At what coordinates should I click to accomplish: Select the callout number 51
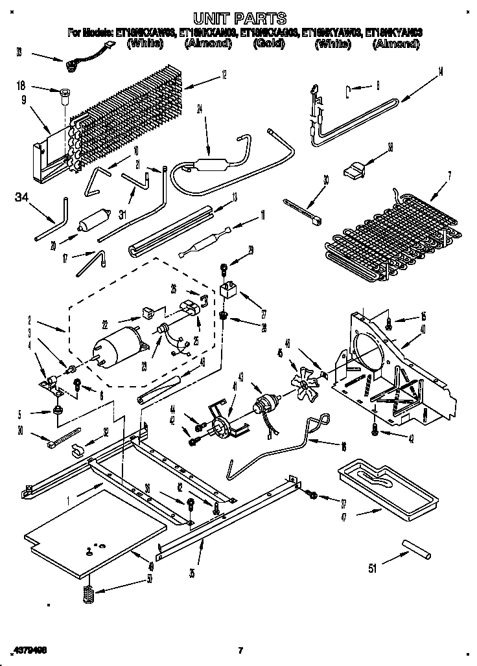coord(371,569)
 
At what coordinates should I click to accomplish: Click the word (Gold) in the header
coord(270,44)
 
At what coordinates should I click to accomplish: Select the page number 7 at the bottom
coord(239,650)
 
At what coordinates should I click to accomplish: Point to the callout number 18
coord(21,85)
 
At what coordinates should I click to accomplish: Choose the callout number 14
coord(440,71)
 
